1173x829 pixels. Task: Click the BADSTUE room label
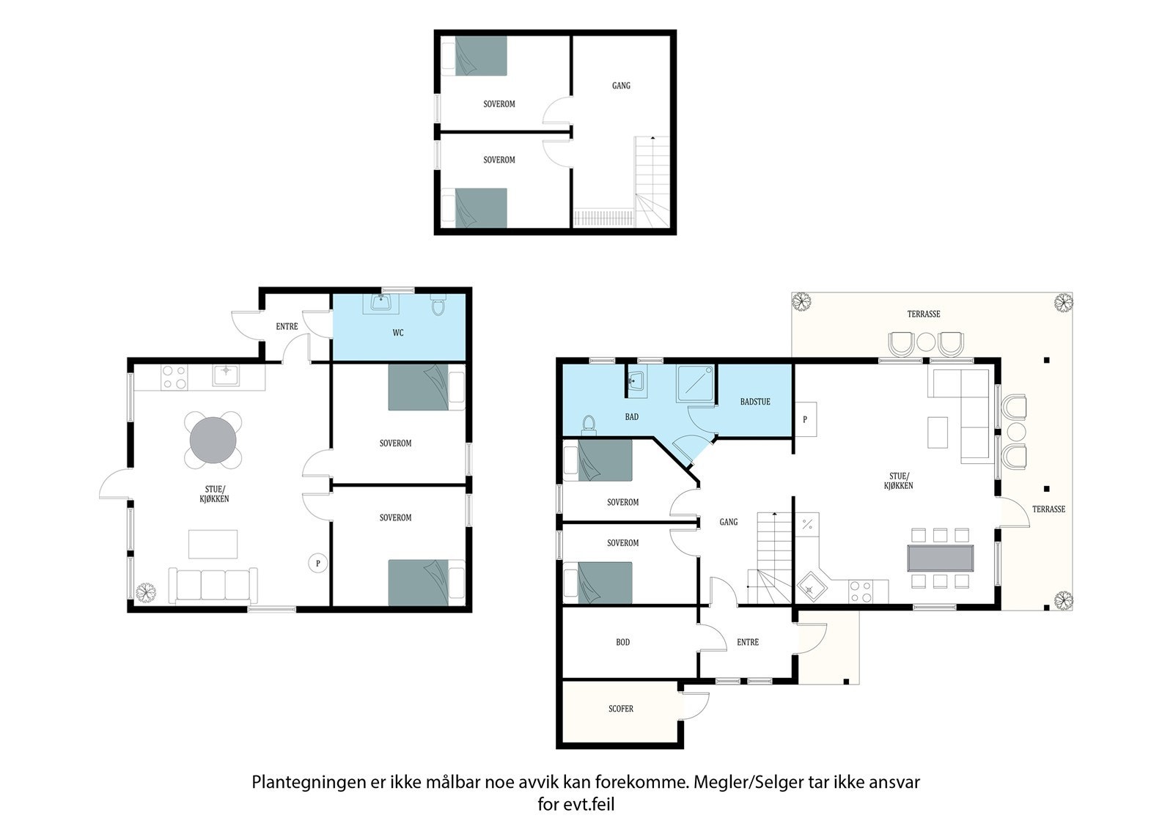pyautogui.click(x=755, y=402)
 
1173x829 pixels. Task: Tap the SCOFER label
pyautogui.click(x=620, y=709)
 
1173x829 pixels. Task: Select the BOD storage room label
pyautogui.click(x=622, y=642)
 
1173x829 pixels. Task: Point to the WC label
pyautogui.click(x=398, y=333)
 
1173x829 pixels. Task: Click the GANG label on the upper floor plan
pyautogui.click(x=621, y=85)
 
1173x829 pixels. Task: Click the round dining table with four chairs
pyautogui.click(x=213, y=440)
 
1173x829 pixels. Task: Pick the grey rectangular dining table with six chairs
pyautogui.click(x=941, y=559)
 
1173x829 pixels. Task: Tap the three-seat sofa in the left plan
pyautogui.click(x=213, y=585)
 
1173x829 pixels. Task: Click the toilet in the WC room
pyautogui.click(x=438, y=304)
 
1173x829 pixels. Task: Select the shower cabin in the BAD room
pyautogui.click(x=695, y=384)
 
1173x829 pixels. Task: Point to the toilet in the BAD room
pyautogui.click(x=589, y=425)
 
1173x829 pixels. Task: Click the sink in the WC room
pyautogui.click(x=381, y=303)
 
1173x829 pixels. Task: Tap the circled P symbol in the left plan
pyautogui.click(x=317, y=564)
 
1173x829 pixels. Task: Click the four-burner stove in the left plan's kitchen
pyautogui.click(x=174, y=377)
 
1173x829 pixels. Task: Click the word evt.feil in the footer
pyautogui.click(x=589, y=804)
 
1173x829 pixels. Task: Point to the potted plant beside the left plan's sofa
pyautogui.click(x=146, y=593)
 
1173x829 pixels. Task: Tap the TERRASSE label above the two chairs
pyautogui.click(x=924, y=314)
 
